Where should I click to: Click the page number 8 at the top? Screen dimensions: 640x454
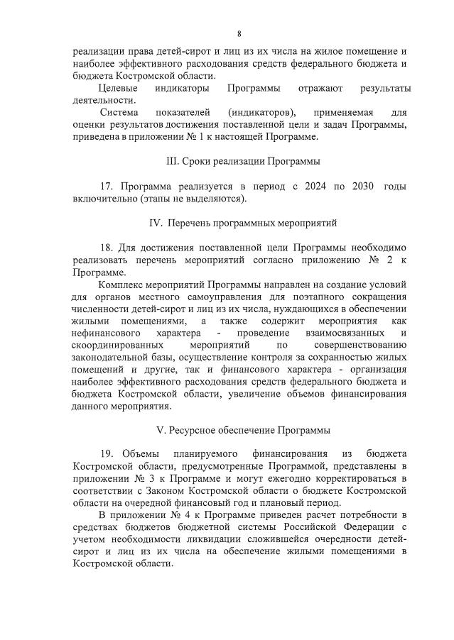click(x=239, y=33)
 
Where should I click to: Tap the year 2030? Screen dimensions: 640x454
click(x=363, y=187)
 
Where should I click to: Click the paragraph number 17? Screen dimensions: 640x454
click(x=107, y=187)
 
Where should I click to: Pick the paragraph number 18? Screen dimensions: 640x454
click(x=107, y=248)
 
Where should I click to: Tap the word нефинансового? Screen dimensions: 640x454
click(x=104, y=333)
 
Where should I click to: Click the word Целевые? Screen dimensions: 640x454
click(x=118, y=88)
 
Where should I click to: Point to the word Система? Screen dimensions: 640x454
click(x=119, y=112)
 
